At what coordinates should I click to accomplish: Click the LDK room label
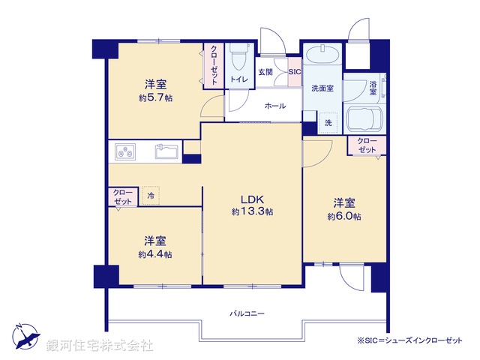pos(251,199)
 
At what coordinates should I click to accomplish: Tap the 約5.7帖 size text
pos(155,98)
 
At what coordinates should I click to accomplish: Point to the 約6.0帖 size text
pos(343,217)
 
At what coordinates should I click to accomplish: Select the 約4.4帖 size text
pos(155,254)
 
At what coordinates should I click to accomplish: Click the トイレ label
pos(239,79)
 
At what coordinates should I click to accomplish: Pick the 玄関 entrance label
pos(265,72)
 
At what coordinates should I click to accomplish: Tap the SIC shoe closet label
pos(294,72)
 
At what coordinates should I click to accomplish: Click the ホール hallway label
pos(274,106)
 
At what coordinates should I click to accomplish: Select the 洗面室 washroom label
pos(322,88)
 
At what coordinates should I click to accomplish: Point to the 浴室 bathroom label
pos(373,87)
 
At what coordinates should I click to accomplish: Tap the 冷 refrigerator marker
pos(151,196)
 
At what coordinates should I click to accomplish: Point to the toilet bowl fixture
pos(239,57)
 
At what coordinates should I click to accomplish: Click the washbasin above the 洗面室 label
pos(322,57)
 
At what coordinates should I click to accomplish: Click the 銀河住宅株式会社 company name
pos(100,346)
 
